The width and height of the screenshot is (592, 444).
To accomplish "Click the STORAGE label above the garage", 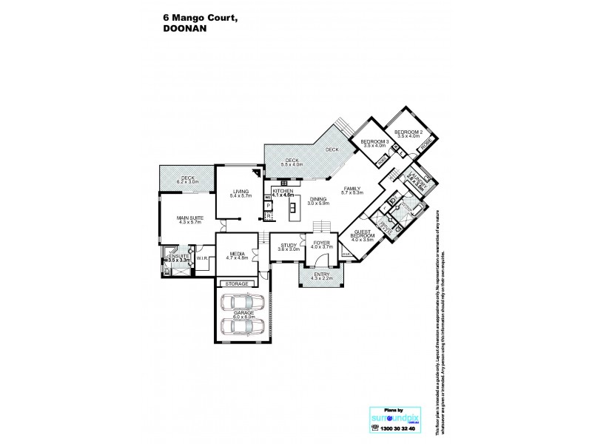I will click(238, 283).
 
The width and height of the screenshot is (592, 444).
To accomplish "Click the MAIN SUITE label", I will click(190, 220).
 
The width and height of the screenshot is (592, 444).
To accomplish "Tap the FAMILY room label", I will click(352, 190).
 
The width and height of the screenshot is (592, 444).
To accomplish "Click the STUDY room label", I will click(287, 245).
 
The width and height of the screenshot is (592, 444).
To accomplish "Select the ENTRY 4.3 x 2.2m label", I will click(322, 276).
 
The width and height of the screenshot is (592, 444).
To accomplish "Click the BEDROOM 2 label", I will click(408, 134).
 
